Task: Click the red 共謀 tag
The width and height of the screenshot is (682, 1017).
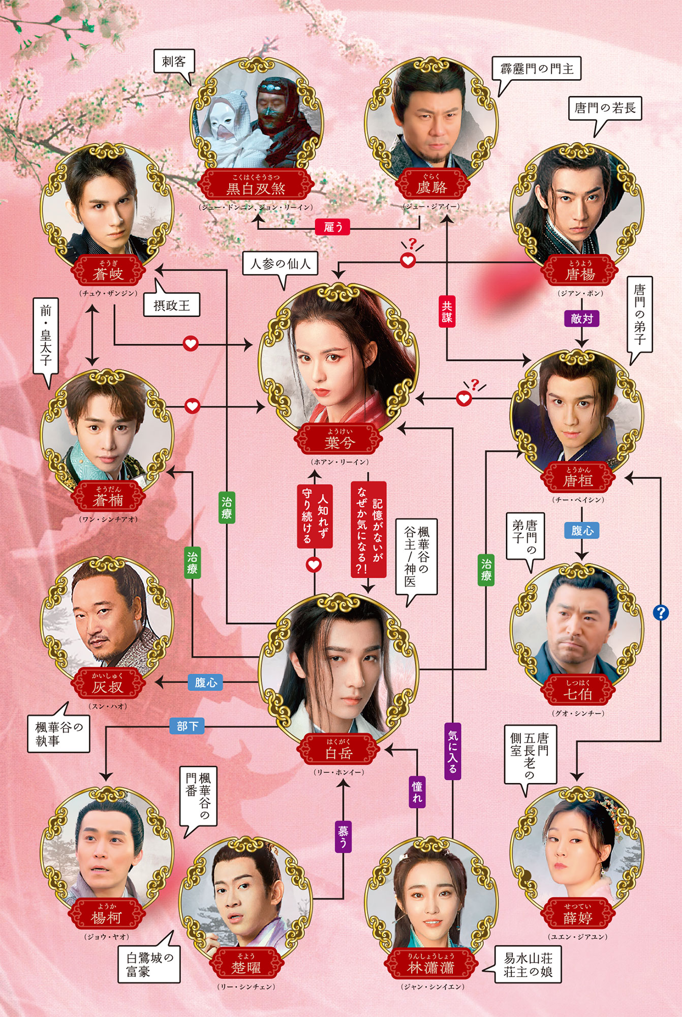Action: click(x=447, y=311)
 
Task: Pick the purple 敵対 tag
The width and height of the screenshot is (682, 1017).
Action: click(x=581, y=319)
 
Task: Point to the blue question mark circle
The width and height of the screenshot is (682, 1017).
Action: click(x=660, y=612)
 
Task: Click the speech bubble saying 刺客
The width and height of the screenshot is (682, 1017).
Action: click(x=174, y=63)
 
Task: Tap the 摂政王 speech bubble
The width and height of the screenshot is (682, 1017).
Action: click(x=172, y=306)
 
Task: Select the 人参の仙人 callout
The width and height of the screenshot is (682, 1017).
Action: click(x=280, y=264)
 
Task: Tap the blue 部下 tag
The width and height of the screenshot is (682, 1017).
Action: click(x=187, y=726)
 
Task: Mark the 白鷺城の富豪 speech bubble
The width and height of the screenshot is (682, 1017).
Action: click(x=149, y=965)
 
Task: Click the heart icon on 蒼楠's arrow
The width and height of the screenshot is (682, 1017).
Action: click(x=192, y=406)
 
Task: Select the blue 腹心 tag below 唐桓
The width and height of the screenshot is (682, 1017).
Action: click(x=582, y=530)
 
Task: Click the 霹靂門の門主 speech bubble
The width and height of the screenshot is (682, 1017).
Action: click(x=537, y=69)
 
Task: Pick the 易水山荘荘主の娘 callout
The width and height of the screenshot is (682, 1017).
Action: click(x=528, y=965)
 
